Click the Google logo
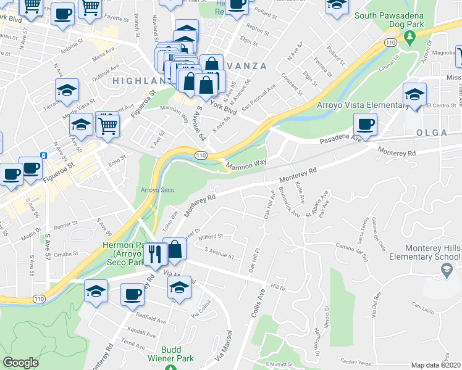20,363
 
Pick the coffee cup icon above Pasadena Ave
366,124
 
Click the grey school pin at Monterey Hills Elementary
447,269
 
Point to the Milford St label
211,236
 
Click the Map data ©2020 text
436,365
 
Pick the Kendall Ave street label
143,333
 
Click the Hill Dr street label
279,287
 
